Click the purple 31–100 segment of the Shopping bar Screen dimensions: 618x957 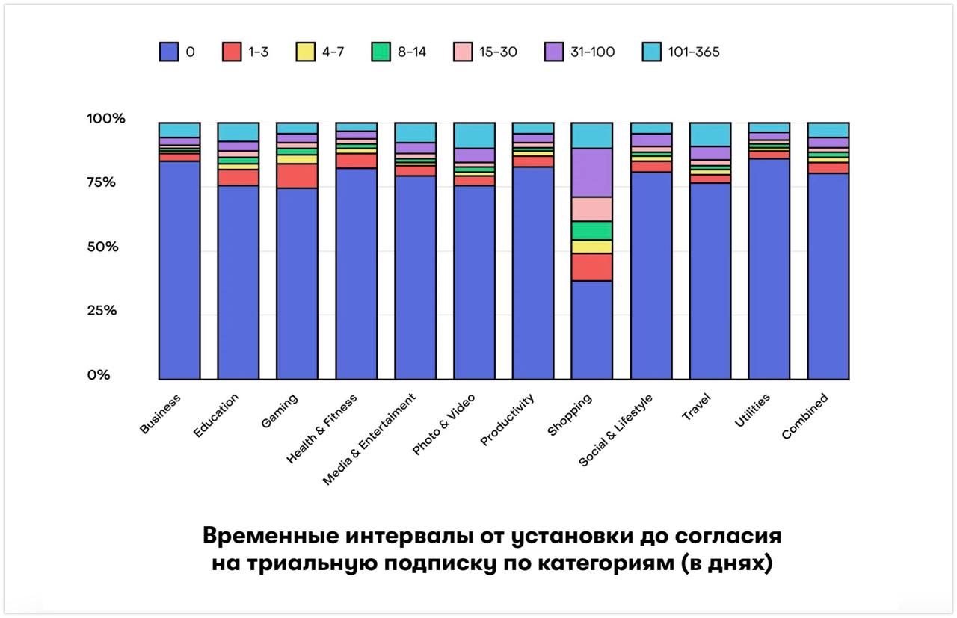click(591, 173)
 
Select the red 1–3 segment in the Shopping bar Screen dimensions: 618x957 click(591, 267)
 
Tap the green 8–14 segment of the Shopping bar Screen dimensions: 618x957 click(591, 230)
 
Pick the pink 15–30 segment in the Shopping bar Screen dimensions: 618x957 click(591, 209)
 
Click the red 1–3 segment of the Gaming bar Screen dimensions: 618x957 click(297, 176)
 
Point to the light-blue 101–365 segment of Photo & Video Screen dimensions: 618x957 click(474, 135)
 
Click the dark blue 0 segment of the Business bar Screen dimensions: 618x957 click(179, 270)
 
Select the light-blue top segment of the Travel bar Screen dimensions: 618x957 click(710, 135)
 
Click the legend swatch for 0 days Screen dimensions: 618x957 click(169, 52)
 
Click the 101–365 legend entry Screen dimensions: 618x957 click(685, 52)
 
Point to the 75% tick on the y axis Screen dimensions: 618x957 click(103, 183)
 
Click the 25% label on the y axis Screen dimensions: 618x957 click(103, 310)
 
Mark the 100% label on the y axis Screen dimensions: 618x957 click(106, 119)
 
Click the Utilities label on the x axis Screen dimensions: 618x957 click(752, 410)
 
